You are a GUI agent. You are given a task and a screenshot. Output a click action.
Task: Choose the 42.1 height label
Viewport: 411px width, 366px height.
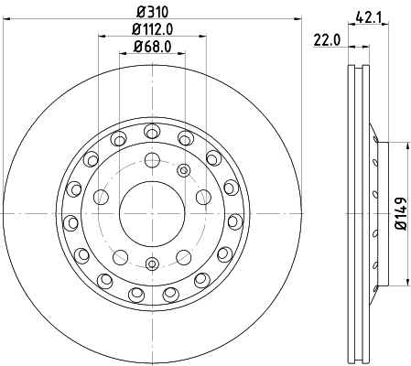coord(369,15)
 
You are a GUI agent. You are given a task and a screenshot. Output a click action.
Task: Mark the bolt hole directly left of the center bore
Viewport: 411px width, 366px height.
coord(100,195)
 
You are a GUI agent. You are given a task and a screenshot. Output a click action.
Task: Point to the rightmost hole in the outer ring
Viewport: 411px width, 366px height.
coord(234,220)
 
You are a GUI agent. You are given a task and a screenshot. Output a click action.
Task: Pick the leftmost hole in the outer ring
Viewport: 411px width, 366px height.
coord(70,220)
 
